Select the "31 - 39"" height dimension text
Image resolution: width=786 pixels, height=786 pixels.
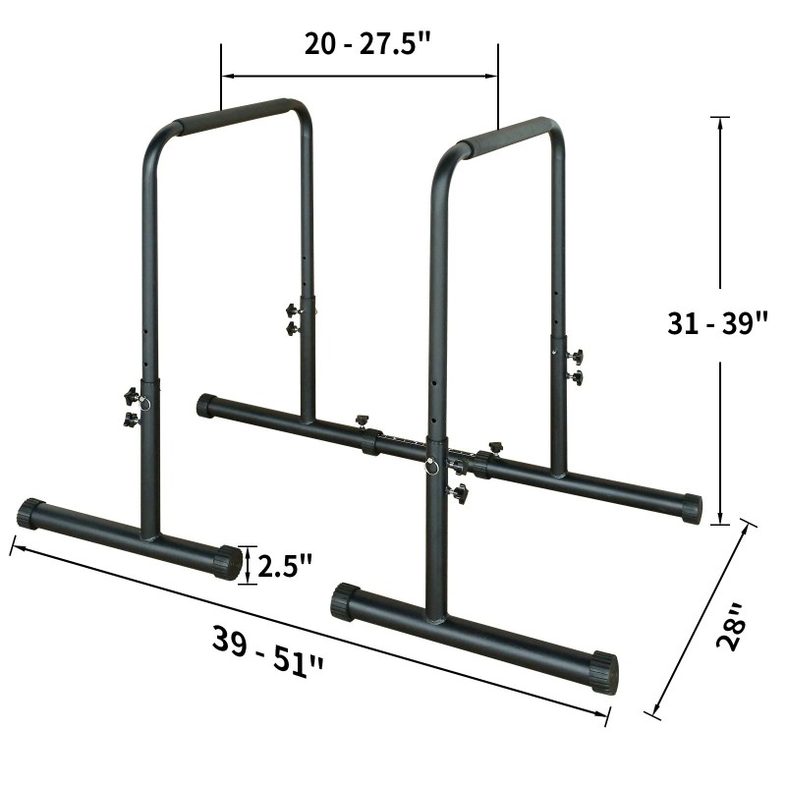tap(716, 323)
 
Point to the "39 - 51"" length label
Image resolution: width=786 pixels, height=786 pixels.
tap(267, 649)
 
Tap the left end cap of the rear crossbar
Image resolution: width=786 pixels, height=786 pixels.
tap(206, 405)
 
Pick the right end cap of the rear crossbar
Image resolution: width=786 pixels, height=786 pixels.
tap(692, 508)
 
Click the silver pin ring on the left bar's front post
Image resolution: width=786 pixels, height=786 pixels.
tap(145, 403)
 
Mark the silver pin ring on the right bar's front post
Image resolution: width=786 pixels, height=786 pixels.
tap(431, 468)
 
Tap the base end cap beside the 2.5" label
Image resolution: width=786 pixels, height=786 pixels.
tap(228, 563)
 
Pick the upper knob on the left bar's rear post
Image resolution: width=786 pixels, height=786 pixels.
tap(292, 310)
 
